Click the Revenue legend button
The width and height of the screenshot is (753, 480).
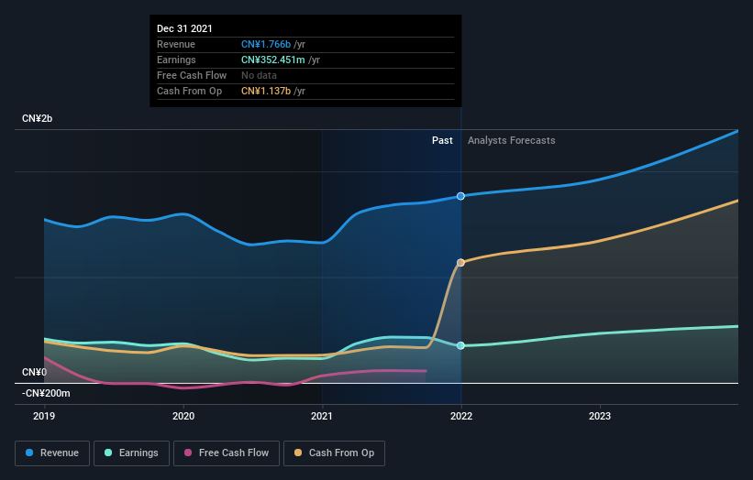click(52, 453)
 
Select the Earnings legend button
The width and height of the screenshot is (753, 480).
click(131, 453)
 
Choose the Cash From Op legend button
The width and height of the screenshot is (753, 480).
click(335, 453)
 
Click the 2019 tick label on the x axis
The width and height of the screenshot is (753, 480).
click(44, 416)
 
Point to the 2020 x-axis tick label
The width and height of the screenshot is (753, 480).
click(183, 416)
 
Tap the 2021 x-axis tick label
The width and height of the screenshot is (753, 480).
click(322, 416)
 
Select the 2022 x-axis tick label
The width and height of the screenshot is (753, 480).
click(460, 416)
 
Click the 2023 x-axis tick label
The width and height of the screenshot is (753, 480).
click(600, 416)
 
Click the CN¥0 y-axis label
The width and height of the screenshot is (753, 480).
click(35, 372)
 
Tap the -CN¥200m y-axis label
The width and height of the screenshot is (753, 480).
click(45, 393)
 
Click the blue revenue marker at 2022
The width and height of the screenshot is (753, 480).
click(460, 196)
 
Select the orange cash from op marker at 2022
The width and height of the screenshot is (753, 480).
click(460, 263)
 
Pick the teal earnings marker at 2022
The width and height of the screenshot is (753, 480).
click(460, 345)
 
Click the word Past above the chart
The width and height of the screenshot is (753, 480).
click(442, 140)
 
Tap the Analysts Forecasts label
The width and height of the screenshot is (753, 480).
click(511, 140)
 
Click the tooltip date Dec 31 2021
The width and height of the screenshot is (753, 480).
click(184, 28)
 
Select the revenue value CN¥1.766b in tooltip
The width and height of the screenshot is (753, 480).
click(266, 44)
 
